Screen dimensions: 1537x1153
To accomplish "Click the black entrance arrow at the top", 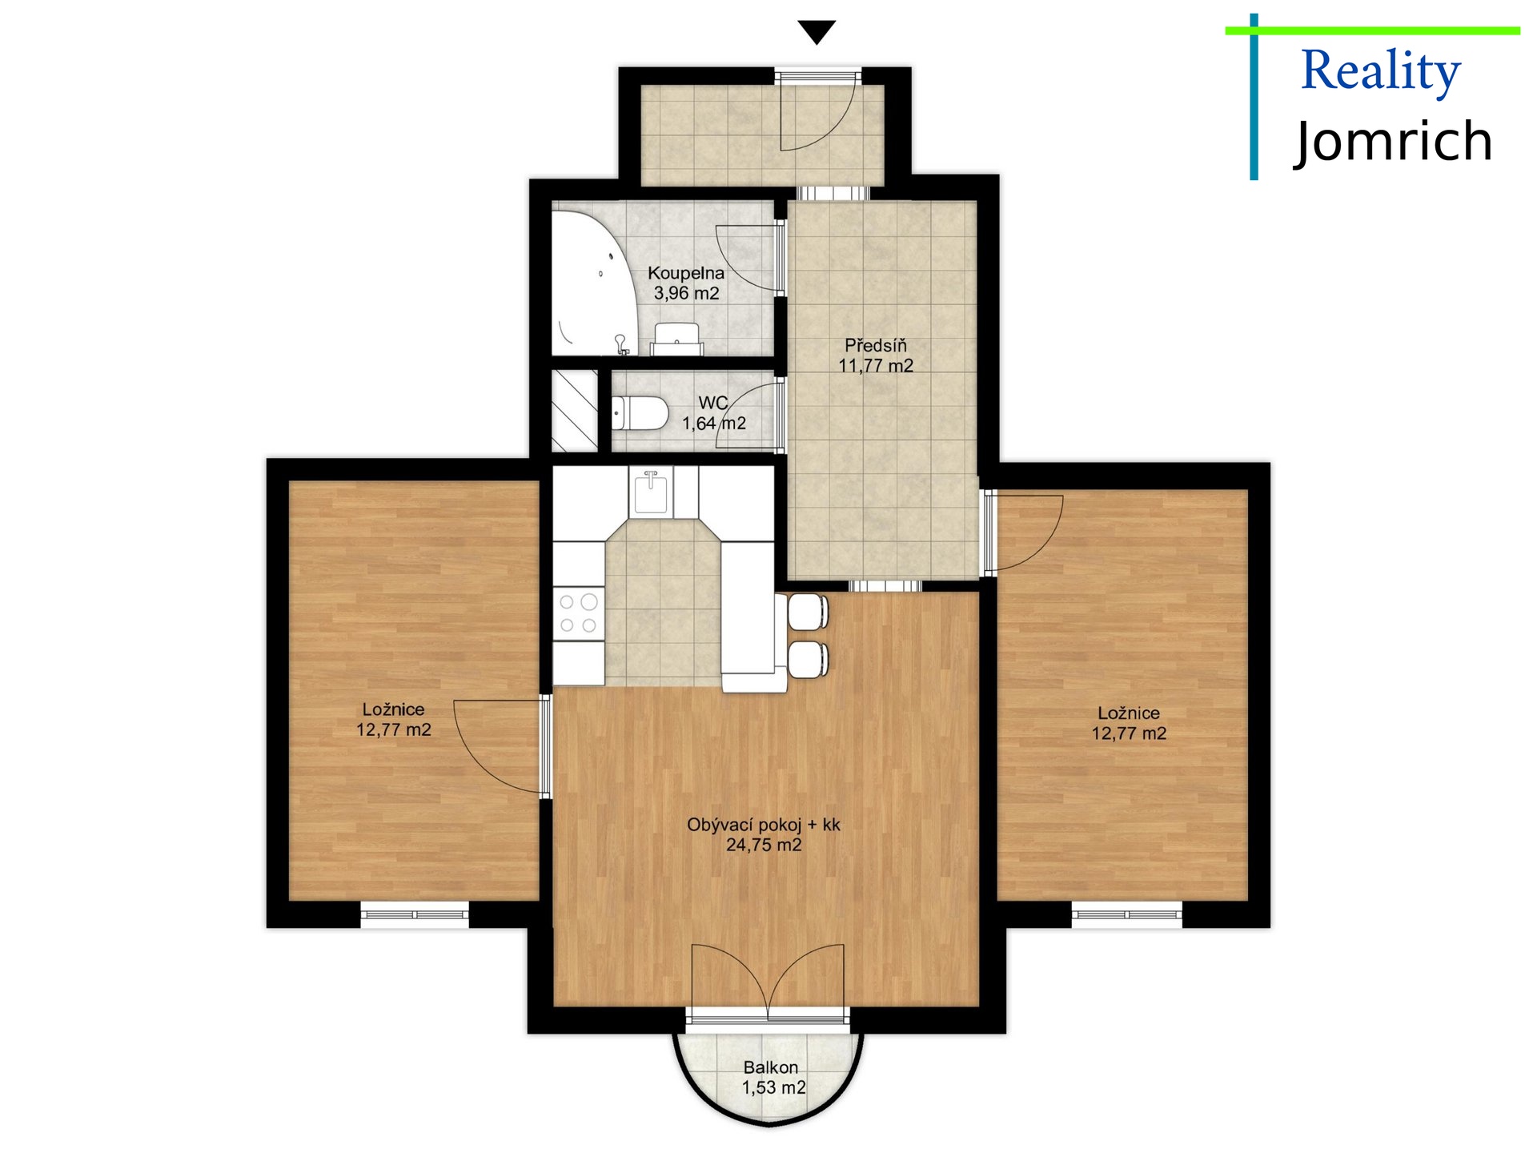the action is (817, 32).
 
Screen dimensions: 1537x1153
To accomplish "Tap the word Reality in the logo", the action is (1380, 72).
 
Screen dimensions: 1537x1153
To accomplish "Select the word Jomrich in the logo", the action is (1393, 142).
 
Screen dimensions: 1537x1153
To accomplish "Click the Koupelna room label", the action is (686, 273).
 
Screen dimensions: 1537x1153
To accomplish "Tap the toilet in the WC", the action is (640, 414).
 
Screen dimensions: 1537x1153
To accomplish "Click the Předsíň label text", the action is (876, 345).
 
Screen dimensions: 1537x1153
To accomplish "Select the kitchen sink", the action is (651, 492).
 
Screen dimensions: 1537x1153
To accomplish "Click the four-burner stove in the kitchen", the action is (579, 613).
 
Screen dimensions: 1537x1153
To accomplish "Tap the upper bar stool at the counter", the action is (808, 613).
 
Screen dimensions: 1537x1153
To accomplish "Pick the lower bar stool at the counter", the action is (808, 659).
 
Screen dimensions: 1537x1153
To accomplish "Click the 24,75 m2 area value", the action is (764, 845).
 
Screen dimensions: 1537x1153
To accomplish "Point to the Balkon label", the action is (771, 1067).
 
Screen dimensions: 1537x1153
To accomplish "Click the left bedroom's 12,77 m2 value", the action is (394, 730).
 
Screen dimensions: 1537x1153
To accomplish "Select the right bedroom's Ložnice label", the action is (1129, 713).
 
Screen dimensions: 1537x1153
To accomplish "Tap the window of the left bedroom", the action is (415, 914).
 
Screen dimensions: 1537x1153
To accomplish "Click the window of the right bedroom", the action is (1127, 914).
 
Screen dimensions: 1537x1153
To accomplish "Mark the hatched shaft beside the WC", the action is (575, 410).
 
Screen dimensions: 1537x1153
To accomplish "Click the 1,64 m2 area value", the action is (714, 424).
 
